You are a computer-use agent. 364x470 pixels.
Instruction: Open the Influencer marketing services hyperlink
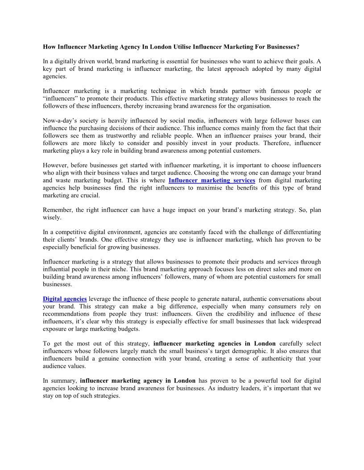tap(212, 180)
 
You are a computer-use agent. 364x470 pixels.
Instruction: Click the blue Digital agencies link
tap(65, 299)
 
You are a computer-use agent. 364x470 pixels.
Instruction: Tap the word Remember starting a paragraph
tap(58, 210)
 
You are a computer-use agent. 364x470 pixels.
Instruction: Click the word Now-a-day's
tap(61, 120)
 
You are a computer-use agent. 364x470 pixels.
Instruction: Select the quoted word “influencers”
tap(61, 98)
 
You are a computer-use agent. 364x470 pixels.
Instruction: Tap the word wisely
tap(52, 218)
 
